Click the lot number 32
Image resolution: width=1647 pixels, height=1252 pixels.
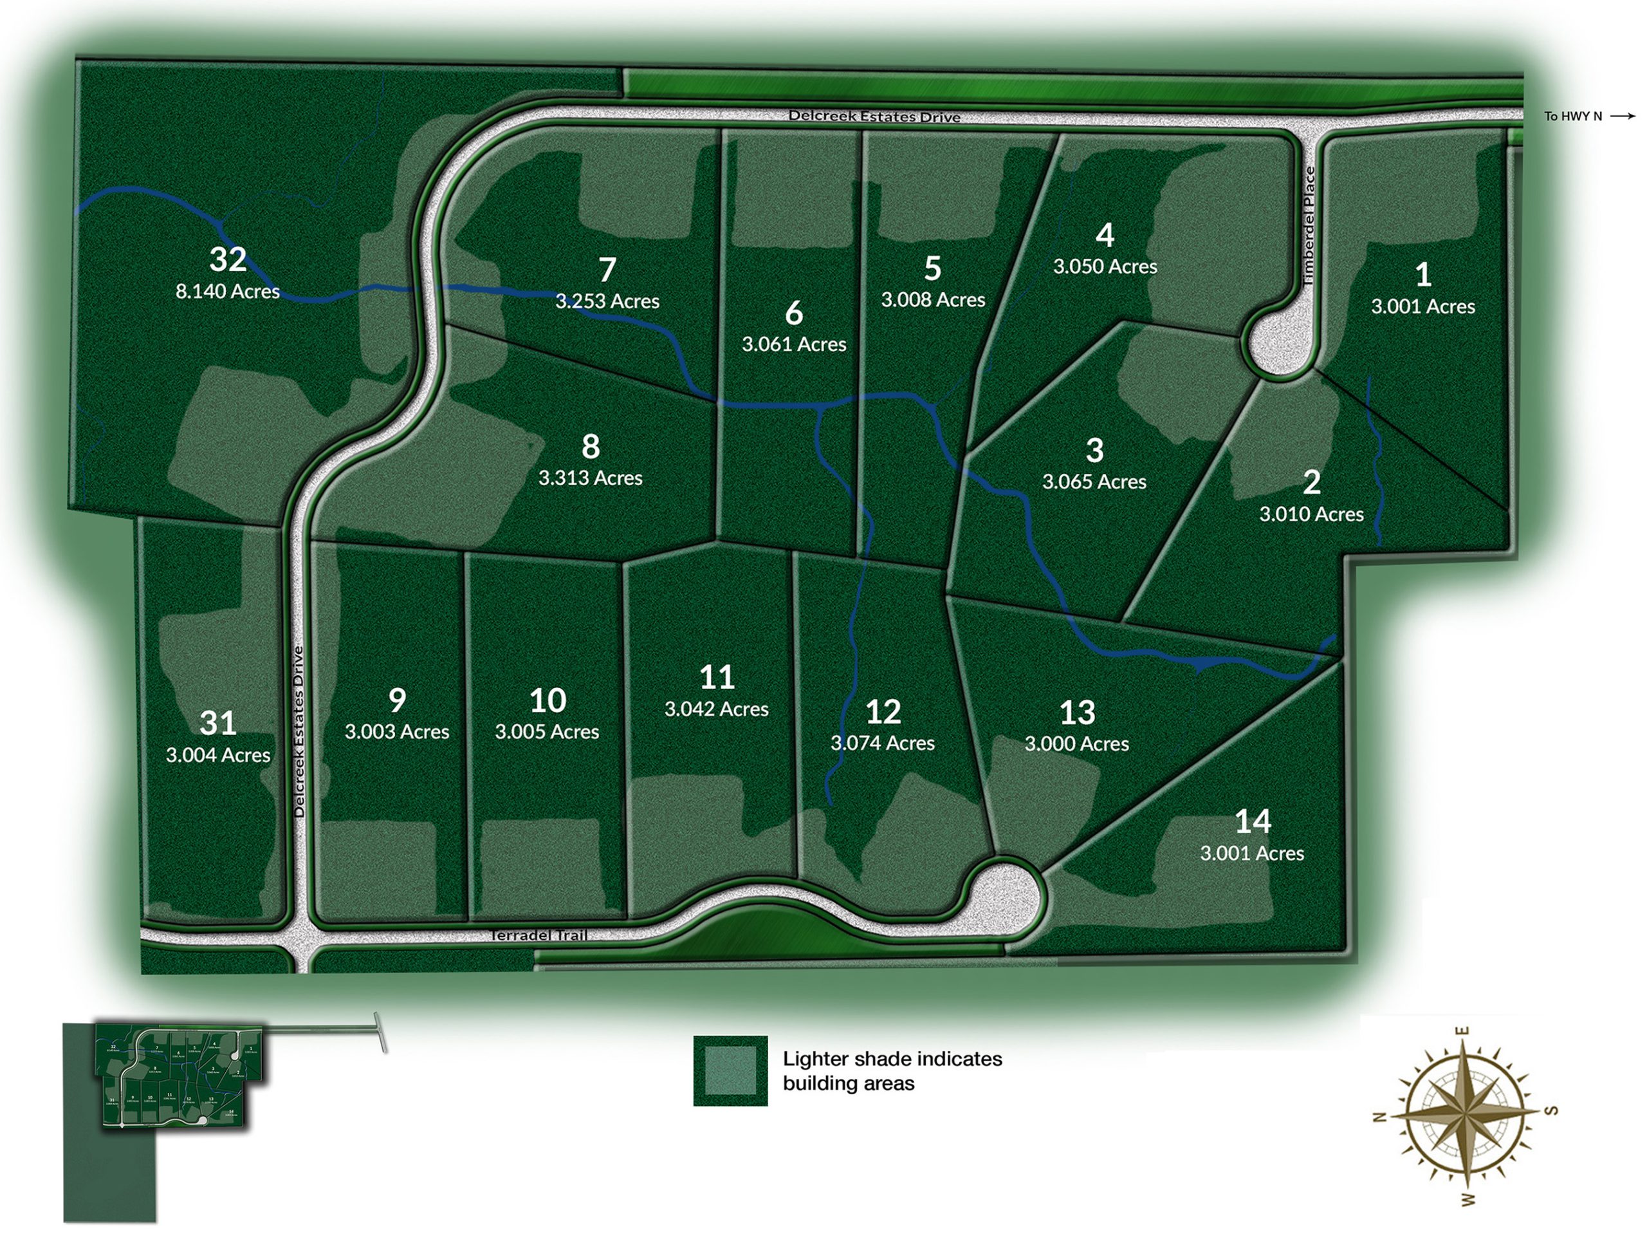(x=227, y=259)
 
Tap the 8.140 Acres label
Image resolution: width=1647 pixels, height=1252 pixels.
(x=227, y=292)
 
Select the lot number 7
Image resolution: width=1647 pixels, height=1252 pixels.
(x=607, y=270)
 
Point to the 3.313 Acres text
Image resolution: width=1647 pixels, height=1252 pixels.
(x=590, y=478)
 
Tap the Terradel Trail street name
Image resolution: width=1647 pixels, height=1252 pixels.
(x=539, y=935)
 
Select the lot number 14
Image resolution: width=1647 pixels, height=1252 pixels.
(x=1252, y=822)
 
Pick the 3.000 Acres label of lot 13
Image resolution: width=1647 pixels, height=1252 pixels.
(x=1076, y=743)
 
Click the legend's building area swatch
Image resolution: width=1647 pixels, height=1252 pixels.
(x=730, y=1070)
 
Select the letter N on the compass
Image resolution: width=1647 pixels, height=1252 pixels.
(x=1379, y=1117)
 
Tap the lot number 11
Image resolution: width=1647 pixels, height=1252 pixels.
(x=717, y=677)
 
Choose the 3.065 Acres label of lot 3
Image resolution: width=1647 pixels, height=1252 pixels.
(x=1094, y=482)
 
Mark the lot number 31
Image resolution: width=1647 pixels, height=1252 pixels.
(x=217, y=723)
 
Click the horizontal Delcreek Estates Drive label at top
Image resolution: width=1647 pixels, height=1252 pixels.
(x=874, y=117)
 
